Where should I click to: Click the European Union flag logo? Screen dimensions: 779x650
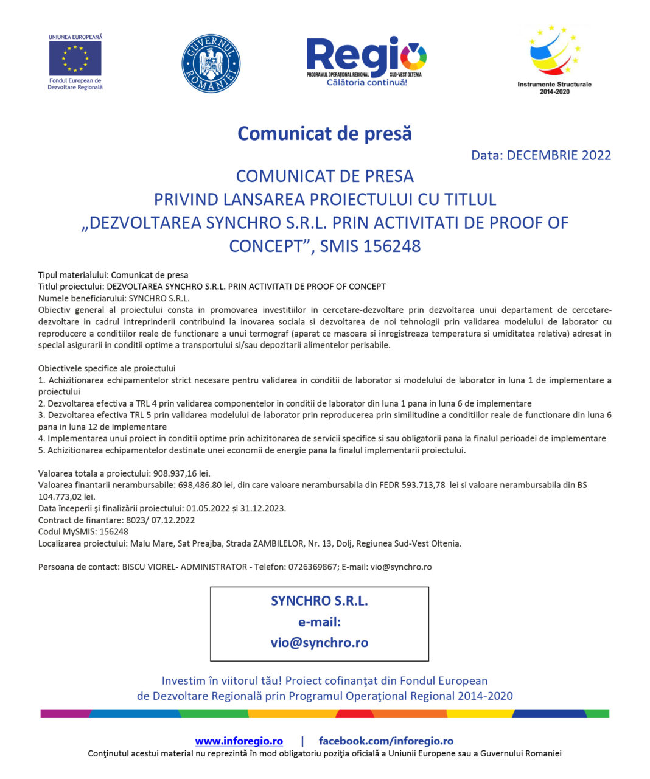pyautogui.click(x=75, y=58)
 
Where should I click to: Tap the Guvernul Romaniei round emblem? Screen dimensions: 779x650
pyautogui.click(x=211, y=63)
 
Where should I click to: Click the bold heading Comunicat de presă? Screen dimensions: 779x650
pyautogui.click(x=324, y=133)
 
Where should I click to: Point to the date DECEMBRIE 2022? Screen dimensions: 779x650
pyautogui.click(x=559, y=155)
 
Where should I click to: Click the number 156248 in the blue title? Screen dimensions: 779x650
pyautogui.click(x=392, y=246)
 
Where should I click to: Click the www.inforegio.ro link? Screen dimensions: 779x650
pyautogui.click(x=239, y=741)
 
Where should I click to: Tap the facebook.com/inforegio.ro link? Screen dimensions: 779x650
pyautogui.click(x=386, y=741)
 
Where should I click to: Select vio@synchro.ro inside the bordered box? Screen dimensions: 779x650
pyautogui.click(x=319, y=643)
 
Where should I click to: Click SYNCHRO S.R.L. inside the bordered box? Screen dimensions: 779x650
pyautogui.click(x=319, y=601)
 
